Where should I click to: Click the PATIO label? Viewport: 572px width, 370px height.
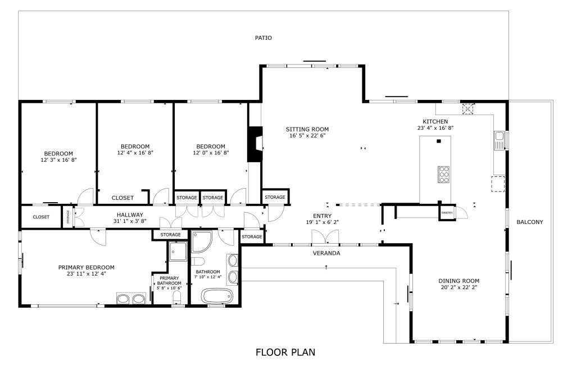tap(263, 38)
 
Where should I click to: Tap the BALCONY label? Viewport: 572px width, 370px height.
tap(529, 222)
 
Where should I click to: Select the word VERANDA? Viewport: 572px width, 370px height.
tap(326, 253)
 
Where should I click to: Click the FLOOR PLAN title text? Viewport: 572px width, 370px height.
tap(285, 353)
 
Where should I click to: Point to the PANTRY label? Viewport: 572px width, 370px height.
tap(447, 213)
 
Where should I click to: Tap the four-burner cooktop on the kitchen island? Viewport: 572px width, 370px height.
tap(443, 175)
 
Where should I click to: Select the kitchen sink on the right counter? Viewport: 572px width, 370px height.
tap(499, 140)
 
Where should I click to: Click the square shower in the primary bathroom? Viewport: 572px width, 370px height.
tap(178, 251)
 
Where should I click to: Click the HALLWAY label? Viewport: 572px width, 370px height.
tap(130, 214)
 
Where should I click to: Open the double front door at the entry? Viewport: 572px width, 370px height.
tap(326, 238)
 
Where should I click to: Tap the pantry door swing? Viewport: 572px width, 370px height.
tap(461, 212)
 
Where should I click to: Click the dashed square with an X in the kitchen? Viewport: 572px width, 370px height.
tap(467, 108)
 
